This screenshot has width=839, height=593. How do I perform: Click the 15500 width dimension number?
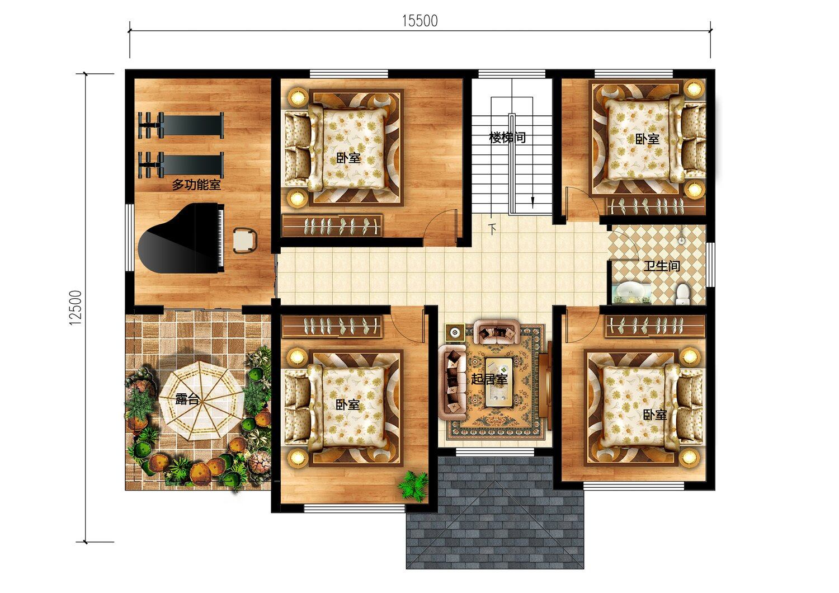tap(420, 21)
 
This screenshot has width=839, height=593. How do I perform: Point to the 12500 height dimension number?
tap(76, 308)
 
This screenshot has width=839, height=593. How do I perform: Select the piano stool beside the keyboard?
tap(245, 241)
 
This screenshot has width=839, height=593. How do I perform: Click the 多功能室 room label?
tap(196, 184)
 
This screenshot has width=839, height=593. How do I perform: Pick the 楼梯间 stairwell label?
tap(507, 138)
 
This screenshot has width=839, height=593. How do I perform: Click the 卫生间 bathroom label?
tap(662, 266)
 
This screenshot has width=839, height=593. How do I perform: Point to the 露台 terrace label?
tap(187, 399)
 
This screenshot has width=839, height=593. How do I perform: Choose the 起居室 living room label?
tap(489, 379)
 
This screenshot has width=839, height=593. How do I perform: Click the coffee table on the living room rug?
tap(499, 382)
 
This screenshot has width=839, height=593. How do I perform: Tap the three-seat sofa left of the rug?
tap(453, 382)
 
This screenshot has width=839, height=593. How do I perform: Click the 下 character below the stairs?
tap(493, 228)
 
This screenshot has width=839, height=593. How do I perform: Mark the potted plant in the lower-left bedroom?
tap(413, 486)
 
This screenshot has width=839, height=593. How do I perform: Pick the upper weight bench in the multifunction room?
tap(181, 125)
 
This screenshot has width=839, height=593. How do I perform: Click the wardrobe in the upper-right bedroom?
tap(656, 206)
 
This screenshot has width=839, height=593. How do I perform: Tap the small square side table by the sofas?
tap(455, 332)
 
